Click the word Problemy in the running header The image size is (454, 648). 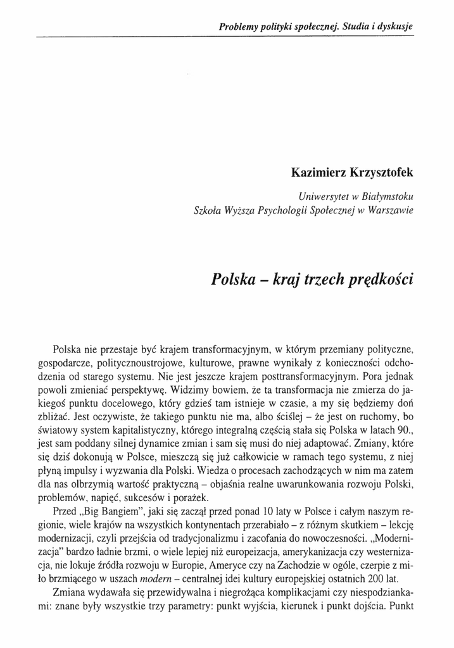point(238,27)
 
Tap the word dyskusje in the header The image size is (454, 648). point(393,27)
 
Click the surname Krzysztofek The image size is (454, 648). point(382,173)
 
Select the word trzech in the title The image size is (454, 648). point(314,279)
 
